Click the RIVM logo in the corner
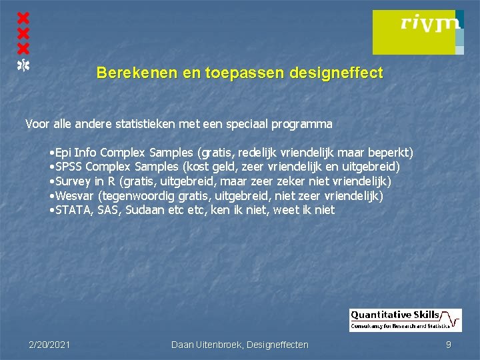(x=417, y=31)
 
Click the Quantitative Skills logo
(x=405, y=320)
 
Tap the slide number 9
(x=449, y=345)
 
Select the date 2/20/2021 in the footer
(x=49, y=345)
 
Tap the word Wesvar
(x=75, y=196)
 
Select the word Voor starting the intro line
(x=37, y=123)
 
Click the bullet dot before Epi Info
(x=52, y=153)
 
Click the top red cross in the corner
(x=23, y=17)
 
